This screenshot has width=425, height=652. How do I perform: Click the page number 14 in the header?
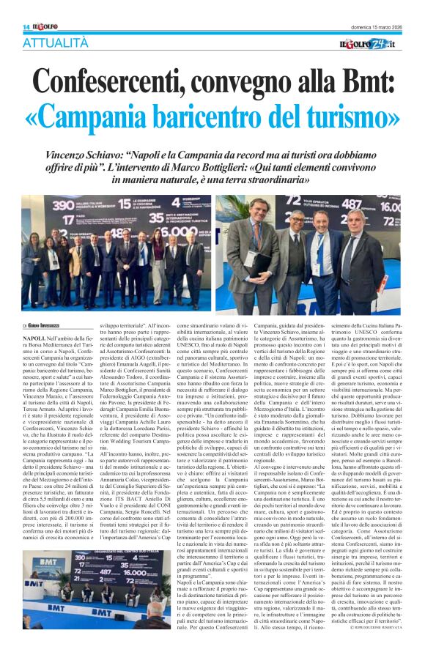point(26,27)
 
